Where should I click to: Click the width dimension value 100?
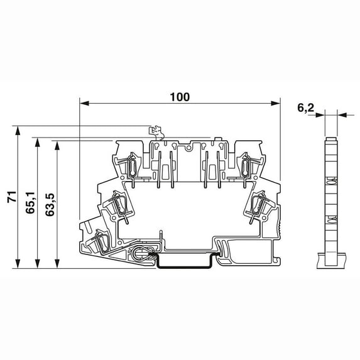click(x=180, y=97)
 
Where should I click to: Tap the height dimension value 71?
click(x=11, y=197)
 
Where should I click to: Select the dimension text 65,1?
click(x=30, y=204)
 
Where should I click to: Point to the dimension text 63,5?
click(x=49, y=204)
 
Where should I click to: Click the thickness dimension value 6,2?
click(x=305, y=108)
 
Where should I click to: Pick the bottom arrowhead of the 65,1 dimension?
click(x=38, y=264)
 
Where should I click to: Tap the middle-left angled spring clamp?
click(x=119, y=204)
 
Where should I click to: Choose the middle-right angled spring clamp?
click(x=258, y=204)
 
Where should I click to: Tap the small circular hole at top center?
click(x=188, y=150)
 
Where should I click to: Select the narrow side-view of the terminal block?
click(x=331, y=201)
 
